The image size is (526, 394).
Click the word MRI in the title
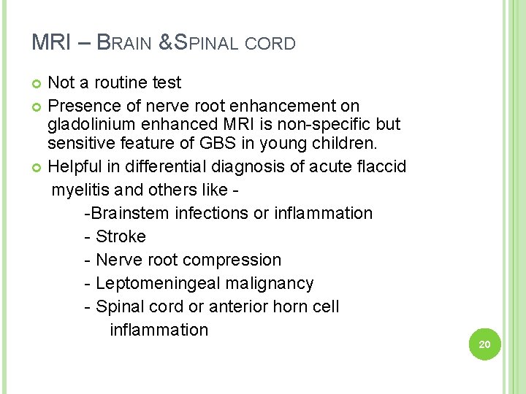[50, 42]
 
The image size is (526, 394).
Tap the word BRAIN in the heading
[124, 43]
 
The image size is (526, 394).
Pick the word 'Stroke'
[121, 236]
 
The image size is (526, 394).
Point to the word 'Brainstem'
[130, 213]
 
